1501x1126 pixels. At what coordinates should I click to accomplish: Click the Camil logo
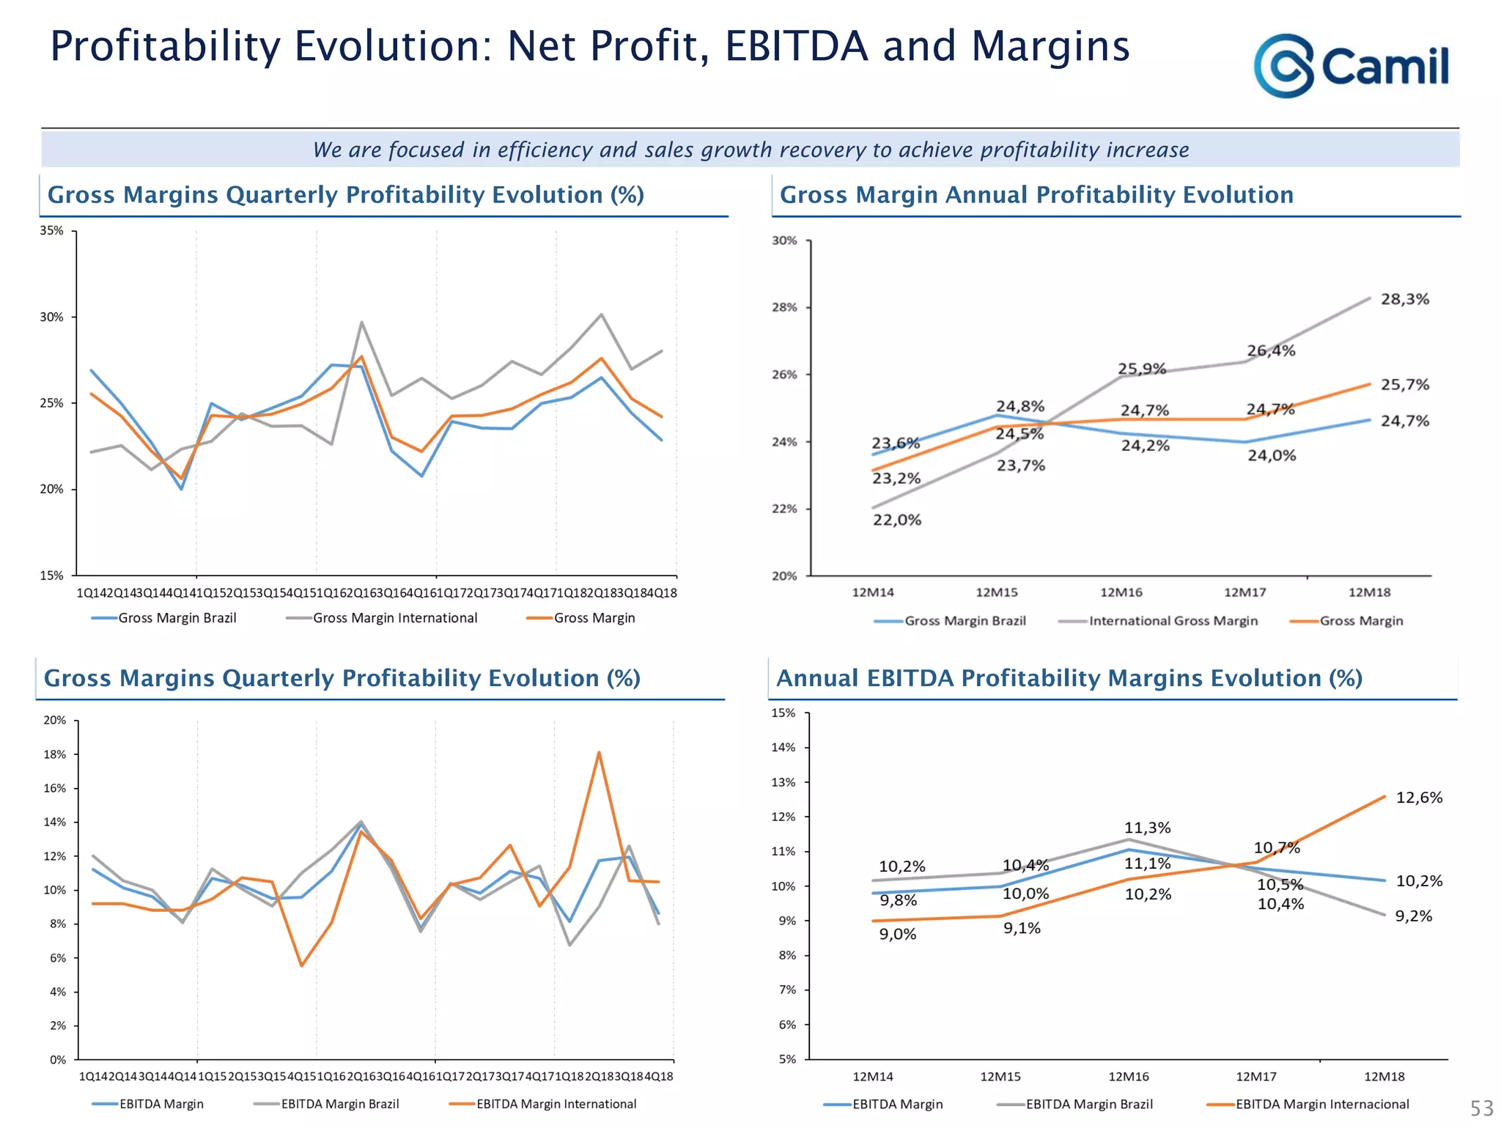(1351, 66)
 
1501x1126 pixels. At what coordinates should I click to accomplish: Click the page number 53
(1481, 1107)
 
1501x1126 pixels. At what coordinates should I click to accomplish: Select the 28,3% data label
(1404, 299)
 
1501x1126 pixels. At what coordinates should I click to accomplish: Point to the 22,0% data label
(896, 520)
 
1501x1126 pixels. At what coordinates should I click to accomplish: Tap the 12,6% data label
(1418, 798)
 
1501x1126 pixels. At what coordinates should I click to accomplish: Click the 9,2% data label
(1412, 916)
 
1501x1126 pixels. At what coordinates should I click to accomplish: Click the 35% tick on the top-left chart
(51, 231)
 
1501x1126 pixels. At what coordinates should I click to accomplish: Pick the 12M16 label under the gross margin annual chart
(1121, 592)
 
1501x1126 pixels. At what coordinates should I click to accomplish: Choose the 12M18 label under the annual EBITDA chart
(1384, 1076)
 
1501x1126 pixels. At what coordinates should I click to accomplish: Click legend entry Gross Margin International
(394, 618)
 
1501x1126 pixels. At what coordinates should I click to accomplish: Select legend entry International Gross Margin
(1173, 621)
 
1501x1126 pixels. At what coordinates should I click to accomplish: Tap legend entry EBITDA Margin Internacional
(1321, 1104)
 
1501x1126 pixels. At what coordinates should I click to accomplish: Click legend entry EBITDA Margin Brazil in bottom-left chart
(339, 1104)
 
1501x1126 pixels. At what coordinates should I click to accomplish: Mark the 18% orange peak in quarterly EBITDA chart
(599, 753)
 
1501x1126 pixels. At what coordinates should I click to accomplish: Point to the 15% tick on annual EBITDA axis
(783, 713)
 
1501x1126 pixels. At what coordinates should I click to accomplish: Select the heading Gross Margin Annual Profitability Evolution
(1036, 195)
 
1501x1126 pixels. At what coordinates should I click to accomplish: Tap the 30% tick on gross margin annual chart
(784, 240)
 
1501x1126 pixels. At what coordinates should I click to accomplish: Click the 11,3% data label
(1147, 828)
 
